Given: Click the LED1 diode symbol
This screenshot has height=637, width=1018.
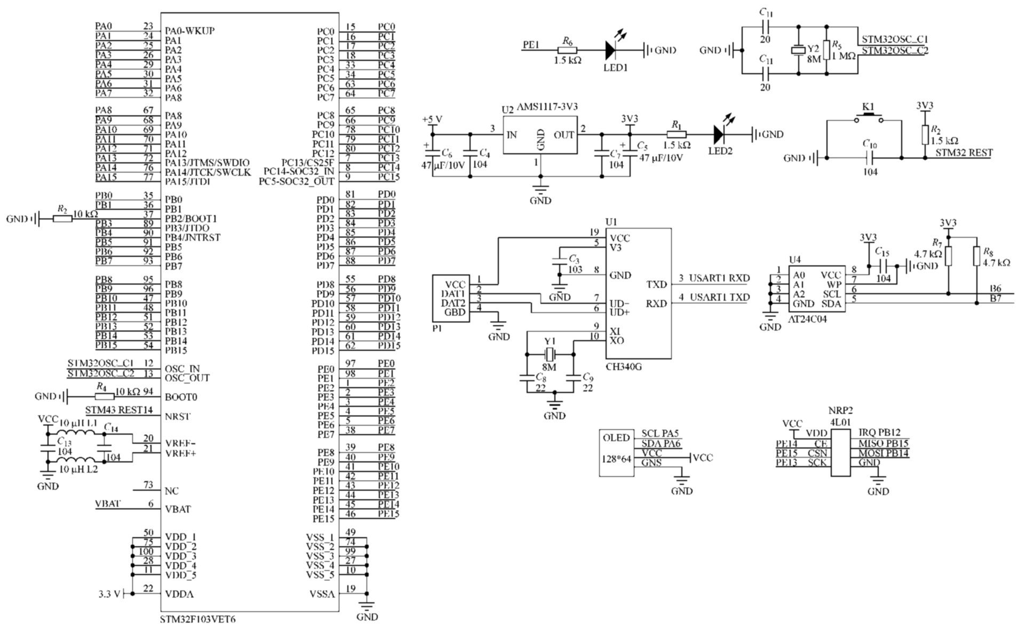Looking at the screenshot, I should coord(611,50).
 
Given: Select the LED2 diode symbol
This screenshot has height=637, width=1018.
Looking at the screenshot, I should coord(719,134).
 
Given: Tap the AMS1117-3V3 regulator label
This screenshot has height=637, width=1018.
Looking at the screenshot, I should coord(547,107).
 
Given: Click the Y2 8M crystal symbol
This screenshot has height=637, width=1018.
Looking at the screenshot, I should coord(798,50).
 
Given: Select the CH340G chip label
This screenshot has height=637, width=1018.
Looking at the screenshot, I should coord(624,366).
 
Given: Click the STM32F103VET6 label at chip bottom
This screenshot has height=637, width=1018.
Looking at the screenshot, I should coord(197,619).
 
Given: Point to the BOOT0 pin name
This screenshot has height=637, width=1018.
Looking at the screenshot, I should coord(181,397).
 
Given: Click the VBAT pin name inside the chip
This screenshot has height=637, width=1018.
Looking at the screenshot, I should coord(178,509).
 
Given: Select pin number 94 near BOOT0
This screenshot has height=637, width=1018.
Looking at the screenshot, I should coord(148,391).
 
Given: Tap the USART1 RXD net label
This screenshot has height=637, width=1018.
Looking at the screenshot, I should coord(719,278).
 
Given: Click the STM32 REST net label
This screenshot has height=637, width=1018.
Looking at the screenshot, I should coord(964,153).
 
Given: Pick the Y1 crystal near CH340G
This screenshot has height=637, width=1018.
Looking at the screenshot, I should coord(550,353).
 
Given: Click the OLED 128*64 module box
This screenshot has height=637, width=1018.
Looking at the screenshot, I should coord(616,453).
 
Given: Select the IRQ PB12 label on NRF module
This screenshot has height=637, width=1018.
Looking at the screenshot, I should coord(882,432).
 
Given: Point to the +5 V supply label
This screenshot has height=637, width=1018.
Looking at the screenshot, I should coord(432,119).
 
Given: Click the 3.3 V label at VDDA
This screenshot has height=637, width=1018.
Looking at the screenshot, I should coord(109,594).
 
